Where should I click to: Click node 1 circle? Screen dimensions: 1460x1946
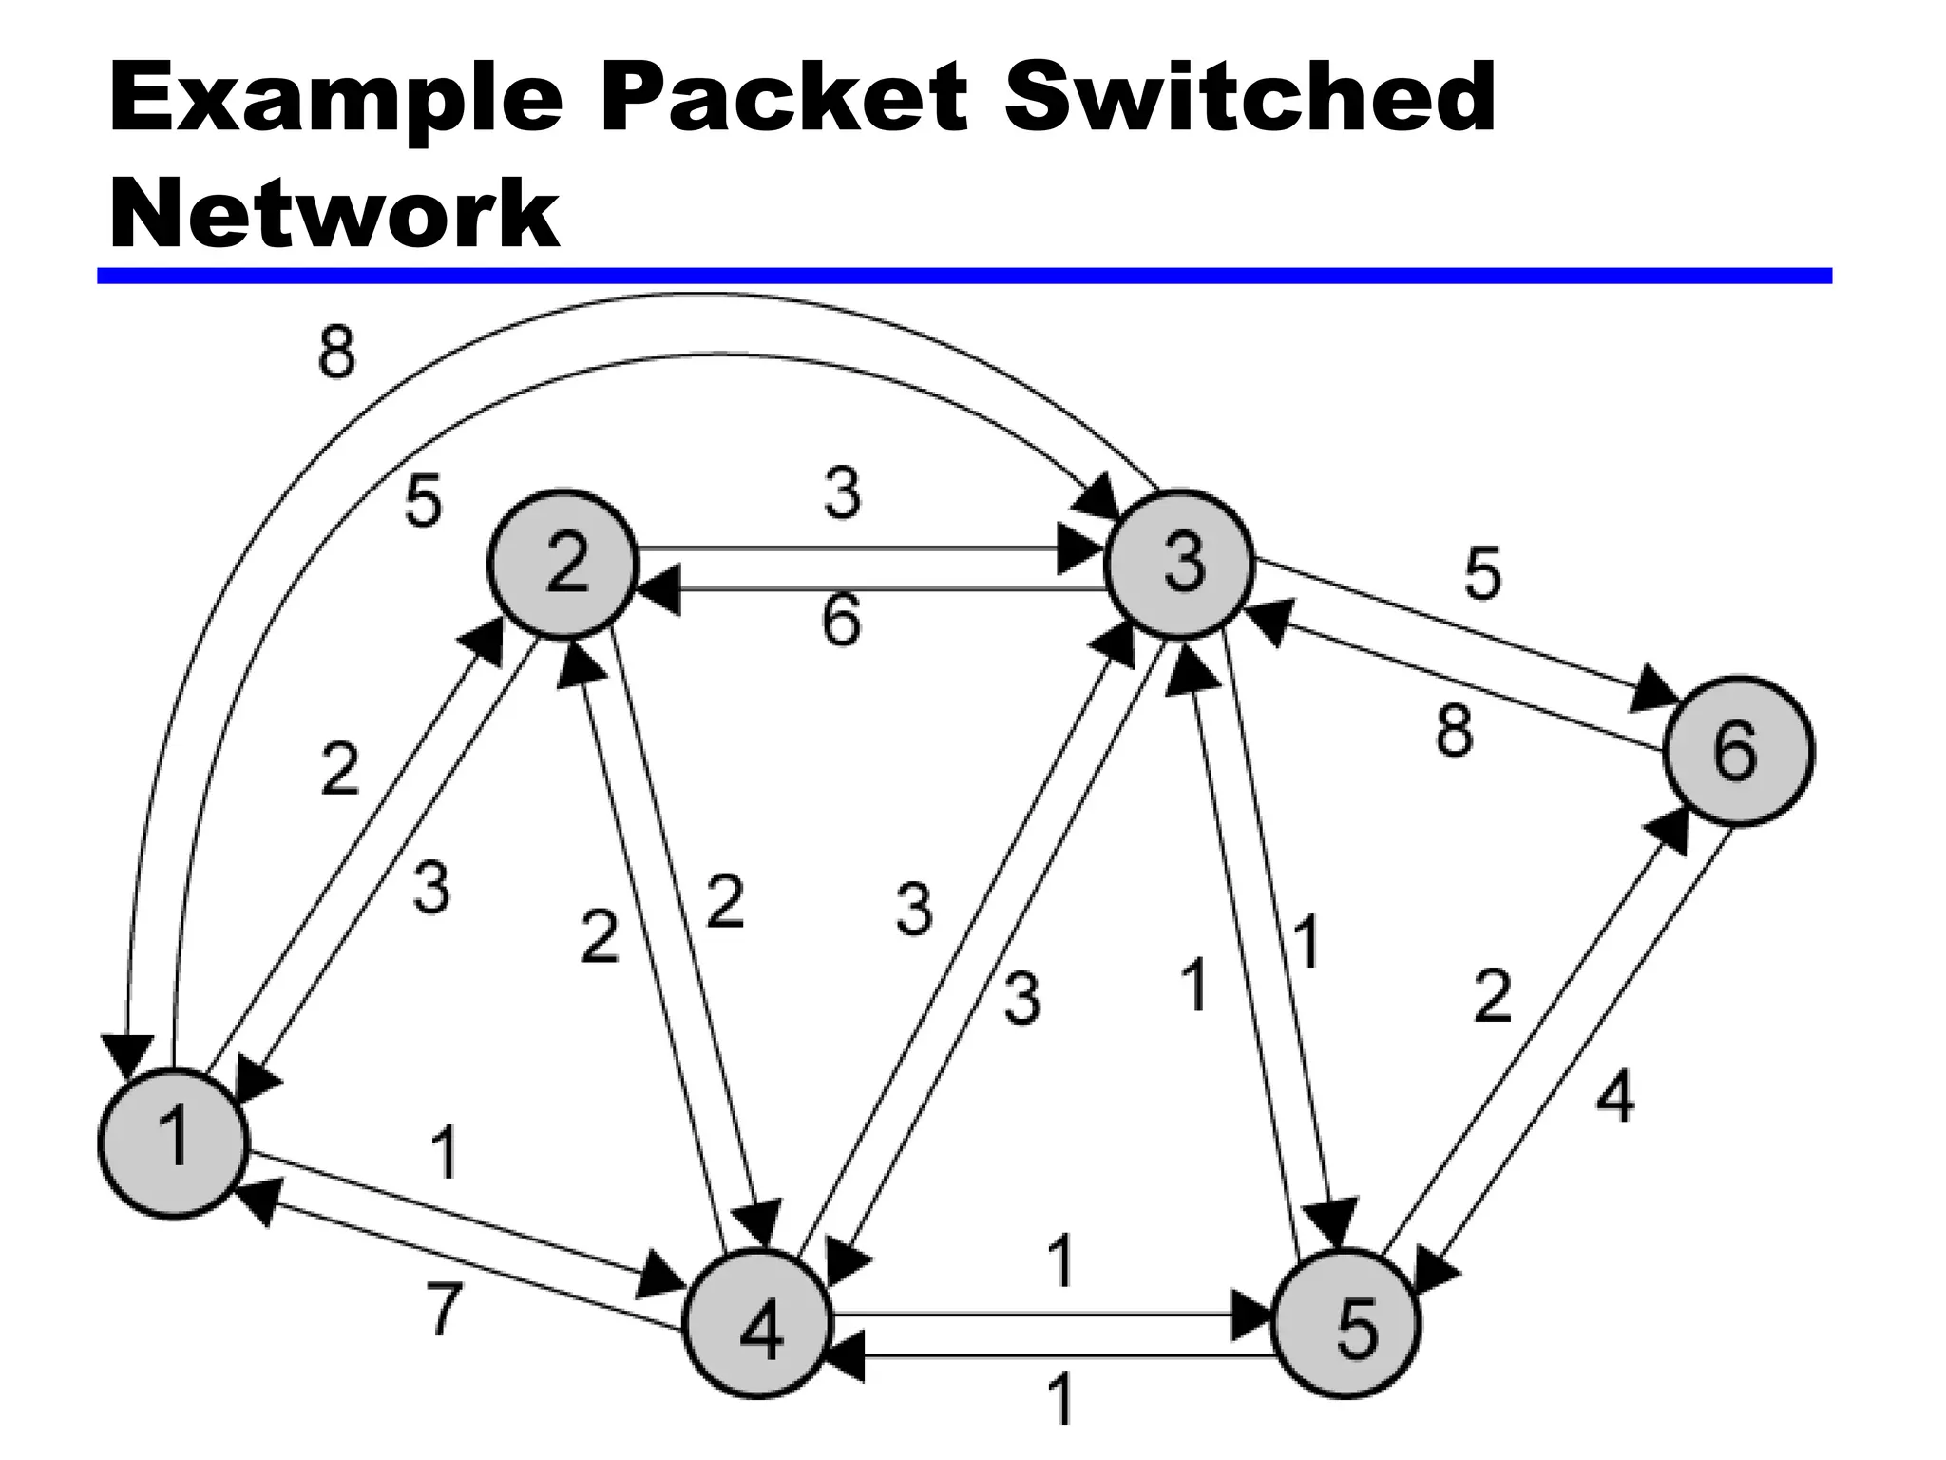coord(174,1143)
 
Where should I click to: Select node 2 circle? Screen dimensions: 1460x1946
coord(563,565)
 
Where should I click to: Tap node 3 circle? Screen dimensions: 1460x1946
coord(1180,564)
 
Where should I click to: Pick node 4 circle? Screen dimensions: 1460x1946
coord(758,1324)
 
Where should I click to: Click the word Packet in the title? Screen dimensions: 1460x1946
coord(784,98)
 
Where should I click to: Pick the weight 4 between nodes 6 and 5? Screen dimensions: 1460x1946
coord(1615,1096)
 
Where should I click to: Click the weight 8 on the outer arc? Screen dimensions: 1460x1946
coord(337,353)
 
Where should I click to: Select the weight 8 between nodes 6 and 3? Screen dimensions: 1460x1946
coord(1455,731)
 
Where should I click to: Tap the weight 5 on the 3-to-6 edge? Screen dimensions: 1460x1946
coord(1482,574)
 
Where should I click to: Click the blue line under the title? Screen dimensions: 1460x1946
coord(963,276)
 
